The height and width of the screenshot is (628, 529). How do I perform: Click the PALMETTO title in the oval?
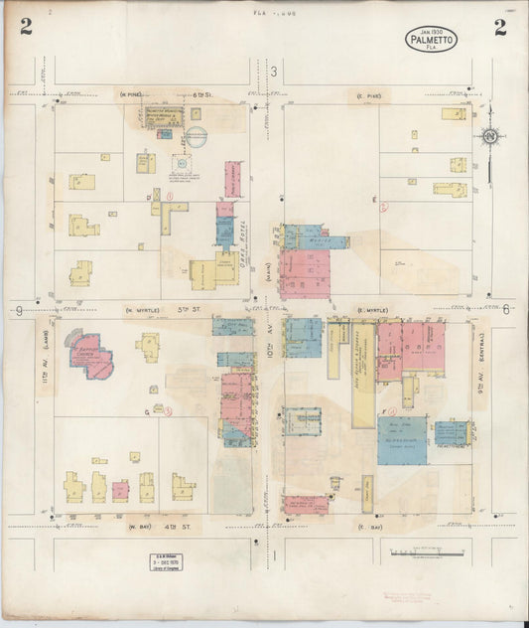pos(431,41)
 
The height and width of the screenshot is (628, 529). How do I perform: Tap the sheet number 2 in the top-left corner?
pos(25,27)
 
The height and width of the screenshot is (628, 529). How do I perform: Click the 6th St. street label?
pos(188,94)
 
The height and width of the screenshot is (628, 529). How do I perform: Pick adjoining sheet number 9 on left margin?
pos(19,311)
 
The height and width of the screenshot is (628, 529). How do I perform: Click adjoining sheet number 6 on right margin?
pos(506,310)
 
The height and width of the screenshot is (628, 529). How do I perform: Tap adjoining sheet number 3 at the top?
pos(271,71)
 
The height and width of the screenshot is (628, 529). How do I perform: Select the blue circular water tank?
pos(197,137)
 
